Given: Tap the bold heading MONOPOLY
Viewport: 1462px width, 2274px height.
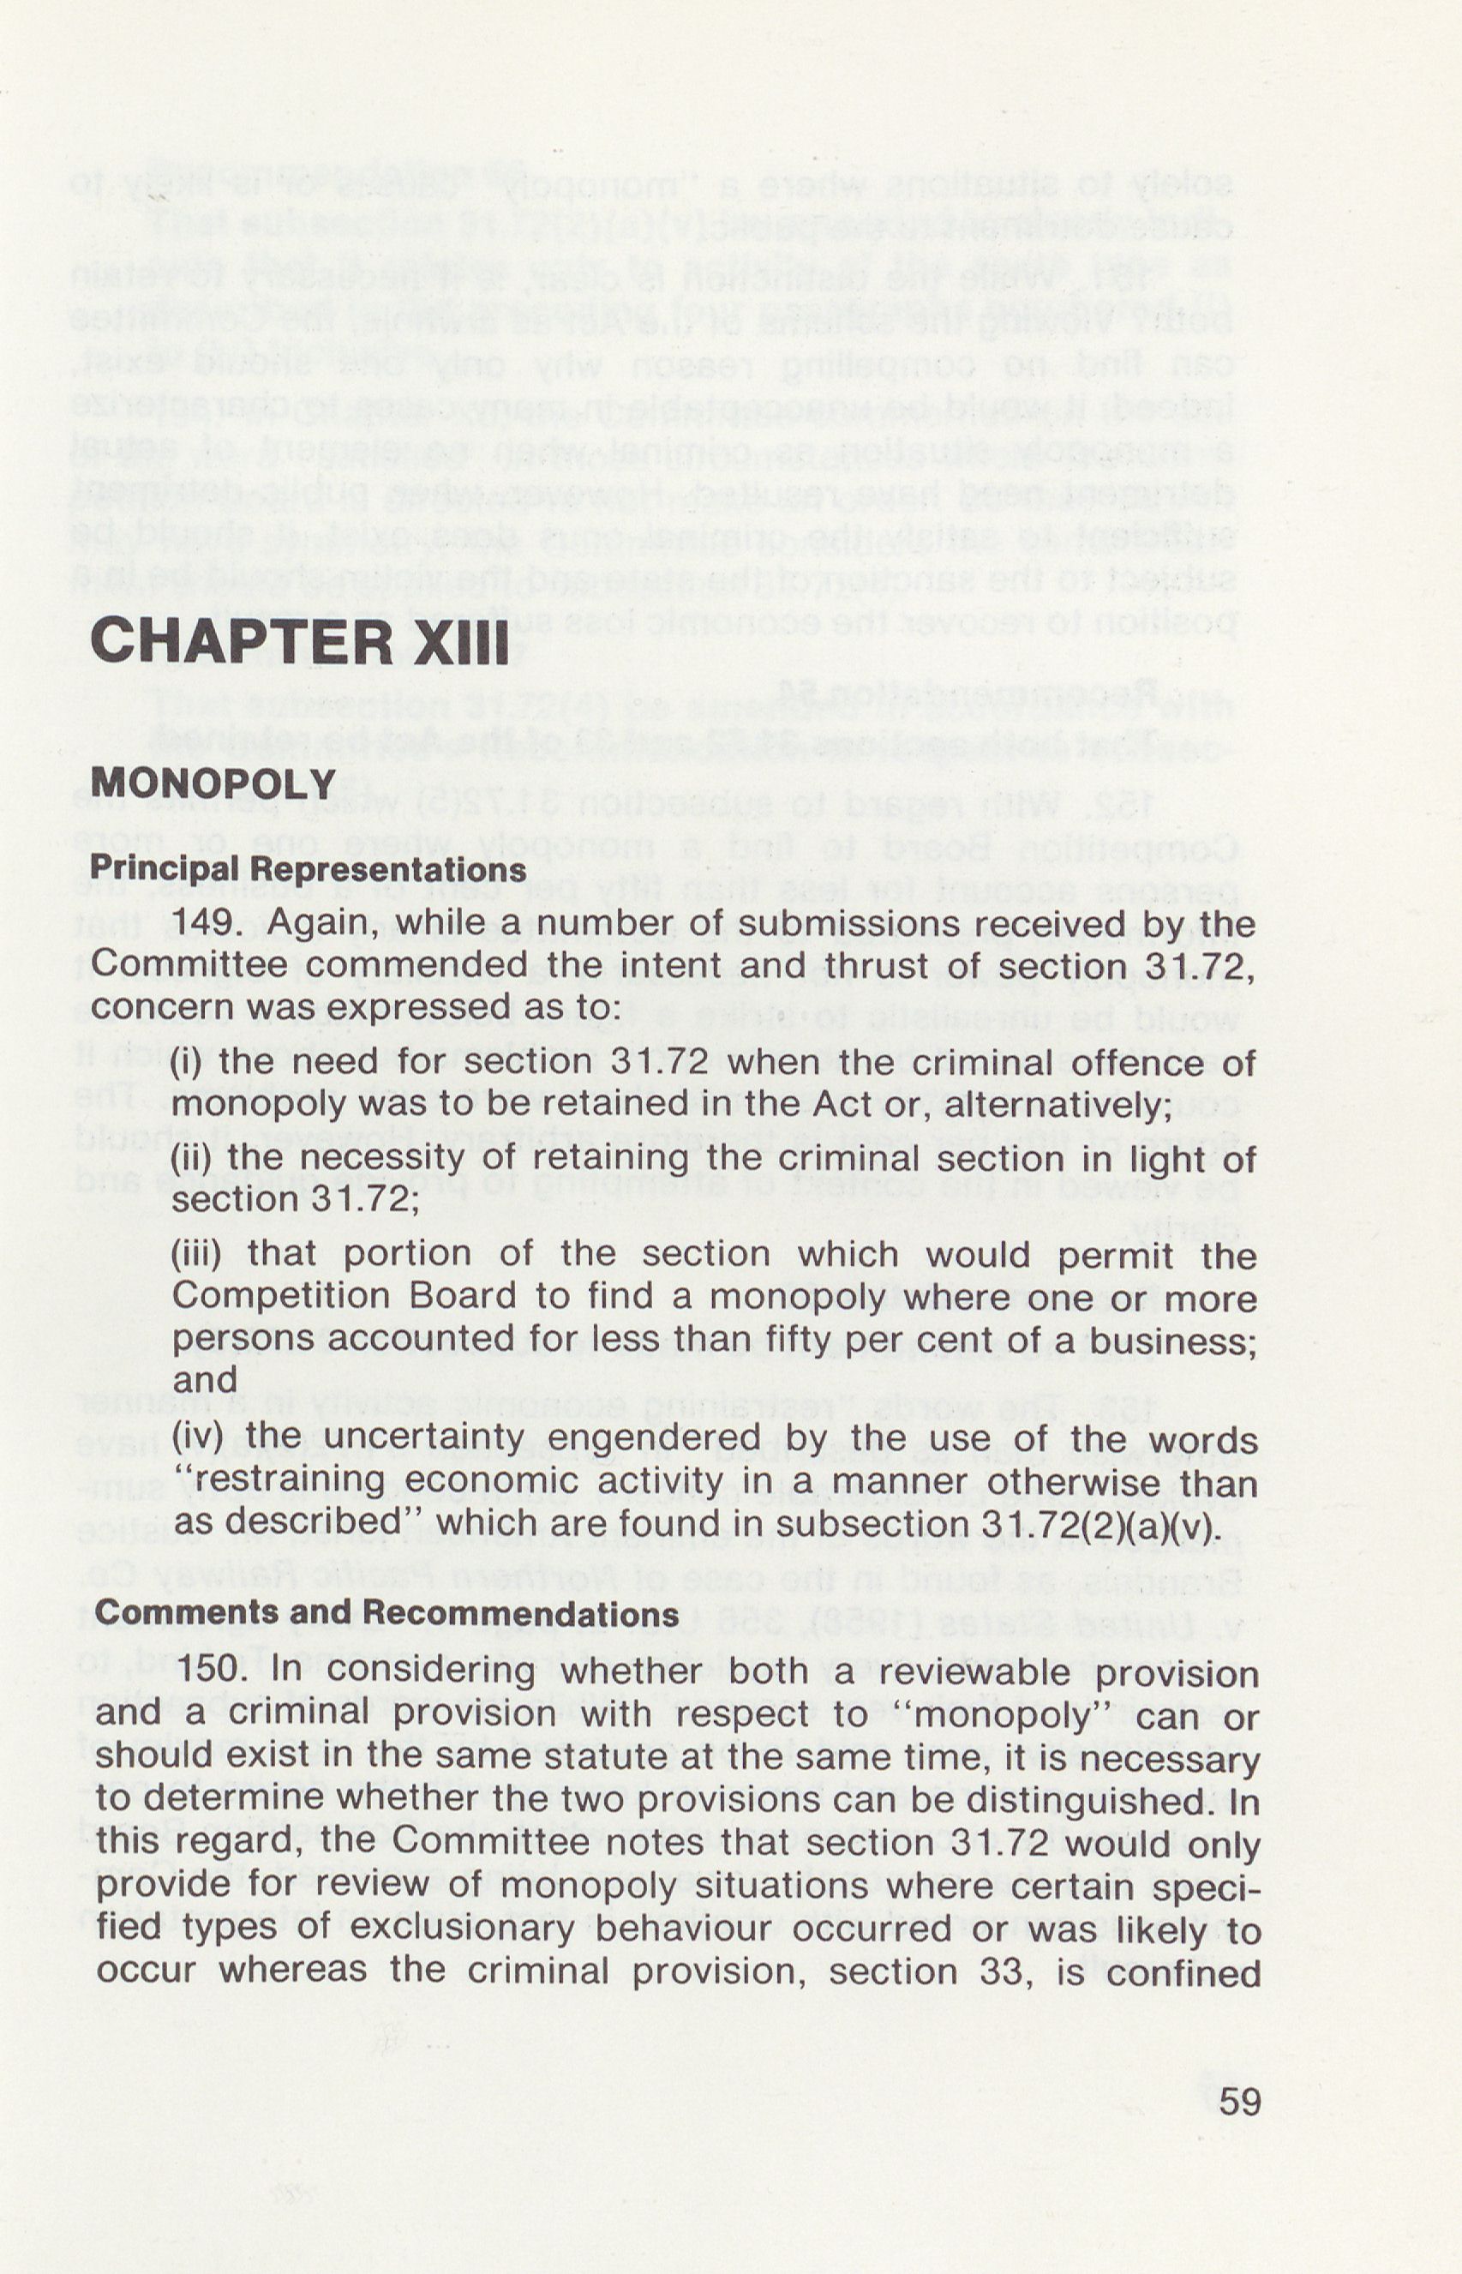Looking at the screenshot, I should (213, 783).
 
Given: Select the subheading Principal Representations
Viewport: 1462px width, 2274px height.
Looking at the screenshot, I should (308, 869).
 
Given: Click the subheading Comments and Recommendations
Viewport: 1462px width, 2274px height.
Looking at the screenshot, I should (386, 1612).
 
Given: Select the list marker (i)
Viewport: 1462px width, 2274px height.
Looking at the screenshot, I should (186, 1061).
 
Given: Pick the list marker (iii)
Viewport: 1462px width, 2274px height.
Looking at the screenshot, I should (195, 1253).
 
